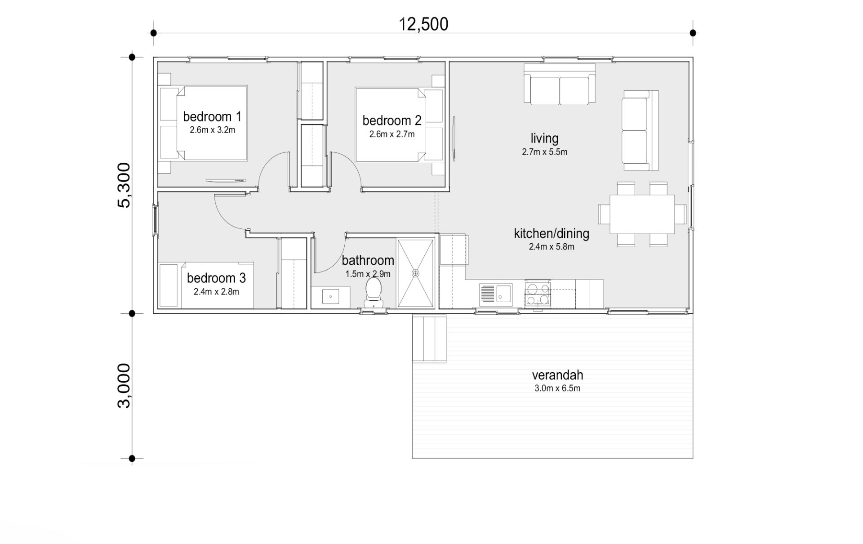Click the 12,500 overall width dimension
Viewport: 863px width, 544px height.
(x=423, y=24)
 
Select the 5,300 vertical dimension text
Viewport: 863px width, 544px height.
(x=124, y=185)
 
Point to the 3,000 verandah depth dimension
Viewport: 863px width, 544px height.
(x=124, y=386)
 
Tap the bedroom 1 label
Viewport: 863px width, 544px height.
(x=212, y=117)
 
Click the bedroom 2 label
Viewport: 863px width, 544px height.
(x=392, y=120)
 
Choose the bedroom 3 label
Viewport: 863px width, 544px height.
(x=216, y=278)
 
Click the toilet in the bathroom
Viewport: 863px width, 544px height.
(x=373, y=292)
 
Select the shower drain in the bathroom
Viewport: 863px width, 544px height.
(x=415, y=273)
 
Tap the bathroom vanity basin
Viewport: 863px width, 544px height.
(x=330, y=297)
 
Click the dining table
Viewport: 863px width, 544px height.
(x=642, y=214)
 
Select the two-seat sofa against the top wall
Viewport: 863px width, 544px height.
(x=560, y=85)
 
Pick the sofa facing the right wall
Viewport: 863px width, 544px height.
(x=640, y=130)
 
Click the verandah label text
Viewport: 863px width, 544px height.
(x=557, y=375)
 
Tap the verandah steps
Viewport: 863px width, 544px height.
(x=429, y=339)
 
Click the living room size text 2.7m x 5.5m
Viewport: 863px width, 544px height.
(x=544, y=152)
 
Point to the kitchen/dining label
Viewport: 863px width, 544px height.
(x=552, y=233)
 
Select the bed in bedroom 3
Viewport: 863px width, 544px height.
(x=206, y=285)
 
